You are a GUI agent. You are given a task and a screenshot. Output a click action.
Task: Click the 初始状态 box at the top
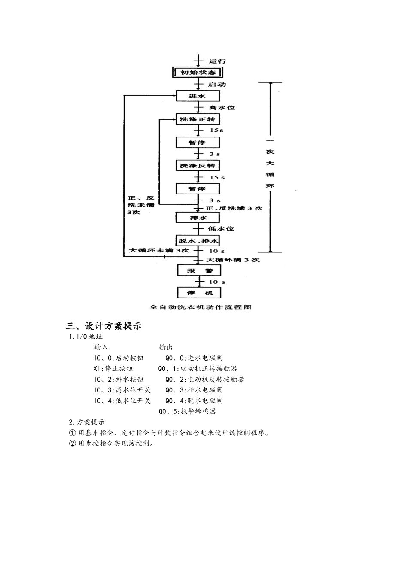click(x=198, y=72)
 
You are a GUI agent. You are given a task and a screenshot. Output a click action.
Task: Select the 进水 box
click(x=198, y=96)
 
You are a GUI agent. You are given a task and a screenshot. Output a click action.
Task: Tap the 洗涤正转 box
click(x=198, y=119)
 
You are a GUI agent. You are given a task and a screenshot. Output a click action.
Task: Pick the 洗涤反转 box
click(x=198, y=165)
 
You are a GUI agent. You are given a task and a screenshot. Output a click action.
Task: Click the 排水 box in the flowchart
click(x=198, y=218)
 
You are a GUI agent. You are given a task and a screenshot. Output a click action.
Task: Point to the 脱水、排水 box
click(x=198, y=240)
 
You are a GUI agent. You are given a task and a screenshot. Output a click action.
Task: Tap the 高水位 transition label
click(x=222, y=107)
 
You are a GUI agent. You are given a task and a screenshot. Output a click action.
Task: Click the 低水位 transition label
click(x=221, y=229)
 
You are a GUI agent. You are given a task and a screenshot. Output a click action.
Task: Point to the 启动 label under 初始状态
click(x=217, y=84)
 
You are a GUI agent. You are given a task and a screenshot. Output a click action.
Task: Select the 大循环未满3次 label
click(x=159, y=250)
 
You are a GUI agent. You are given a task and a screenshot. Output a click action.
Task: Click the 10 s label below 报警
click(x=217, y=282)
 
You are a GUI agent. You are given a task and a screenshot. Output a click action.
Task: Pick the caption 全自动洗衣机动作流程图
click(x=200, y=307)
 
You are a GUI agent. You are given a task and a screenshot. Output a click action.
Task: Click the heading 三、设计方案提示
click(x=104, y=326)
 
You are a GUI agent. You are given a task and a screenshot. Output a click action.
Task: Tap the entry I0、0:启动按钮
click(x=119, y=358)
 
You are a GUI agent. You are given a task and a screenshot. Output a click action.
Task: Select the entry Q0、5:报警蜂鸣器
click(x=187, y=411)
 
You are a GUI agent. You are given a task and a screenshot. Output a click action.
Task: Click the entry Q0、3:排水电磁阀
click(x=194, y=390)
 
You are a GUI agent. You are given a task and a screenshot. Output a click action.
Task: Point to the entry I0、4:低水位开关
click(x=122, y=401)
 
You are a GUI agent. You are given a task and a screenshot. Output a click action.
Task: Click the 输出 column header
click(x=166, y=347)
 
